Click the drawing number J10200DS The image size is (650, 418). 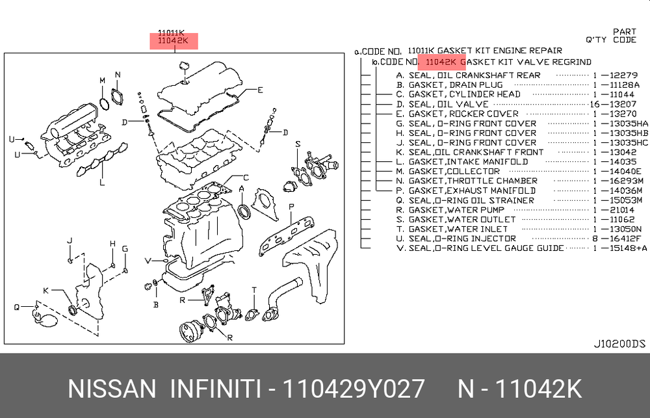(619, 344)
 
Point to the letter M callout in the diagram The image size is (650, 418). (103, 80)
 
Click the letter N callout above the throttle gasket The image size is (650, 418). (118, 75)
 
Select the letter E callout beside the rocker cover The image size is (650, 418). (260, 90)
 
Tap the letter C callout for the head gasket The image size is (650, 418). (246, 178)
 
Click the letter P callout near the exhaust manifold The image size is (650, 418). (291, 206)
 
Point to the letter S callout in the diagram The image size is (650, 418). (298, 144)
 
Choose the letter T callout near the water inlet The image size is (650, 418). (254, 290)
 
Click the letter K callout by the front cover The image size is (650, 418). (46, 291)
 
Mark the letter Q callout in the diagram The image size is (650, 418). (17, 307)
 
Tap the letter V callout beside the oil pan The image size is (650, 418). (148, 261)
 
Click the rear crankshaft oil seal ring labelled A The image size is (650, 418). (244, 211)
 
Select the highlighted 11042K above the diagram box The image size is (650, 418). (174, 41)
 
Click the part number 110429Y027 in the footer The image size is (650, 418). (353, 389)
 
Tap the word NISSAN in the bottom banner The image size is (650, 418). (112, 389)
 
